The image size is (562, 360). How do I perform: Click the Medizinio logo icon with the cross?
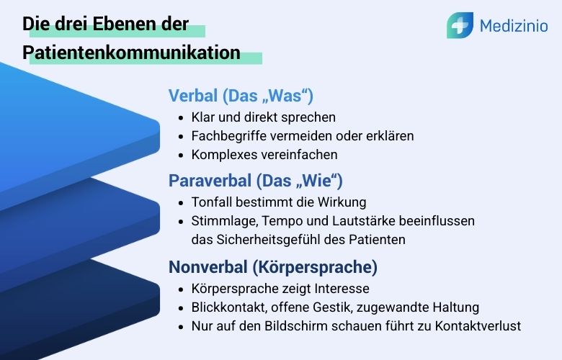pyautogui.click(x=459, y=26)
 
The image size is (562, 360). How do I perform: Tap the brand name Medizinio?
pyautogui.click(x=513, y=27)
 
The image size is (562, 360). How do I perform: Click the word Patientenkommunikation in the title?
pyautogui.click(x=131, y=53)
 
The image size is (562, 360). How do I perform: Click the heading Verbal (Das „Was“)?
pyautogui.click(x=240, y=96)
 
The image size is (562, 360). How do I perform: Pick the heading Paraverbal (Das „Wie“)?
pyautogui.click(x=255, y=180)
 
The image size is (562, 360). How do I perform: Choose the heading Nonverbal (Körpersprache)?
pyautogui.click(x=272, y=267)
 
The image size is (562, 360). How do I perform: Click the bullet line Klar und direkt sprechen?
pyautogui.click(x=263, y=117)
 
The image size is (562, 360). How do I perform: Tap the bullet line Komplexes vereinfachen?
pyautogui.click(x=264, y=154)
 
